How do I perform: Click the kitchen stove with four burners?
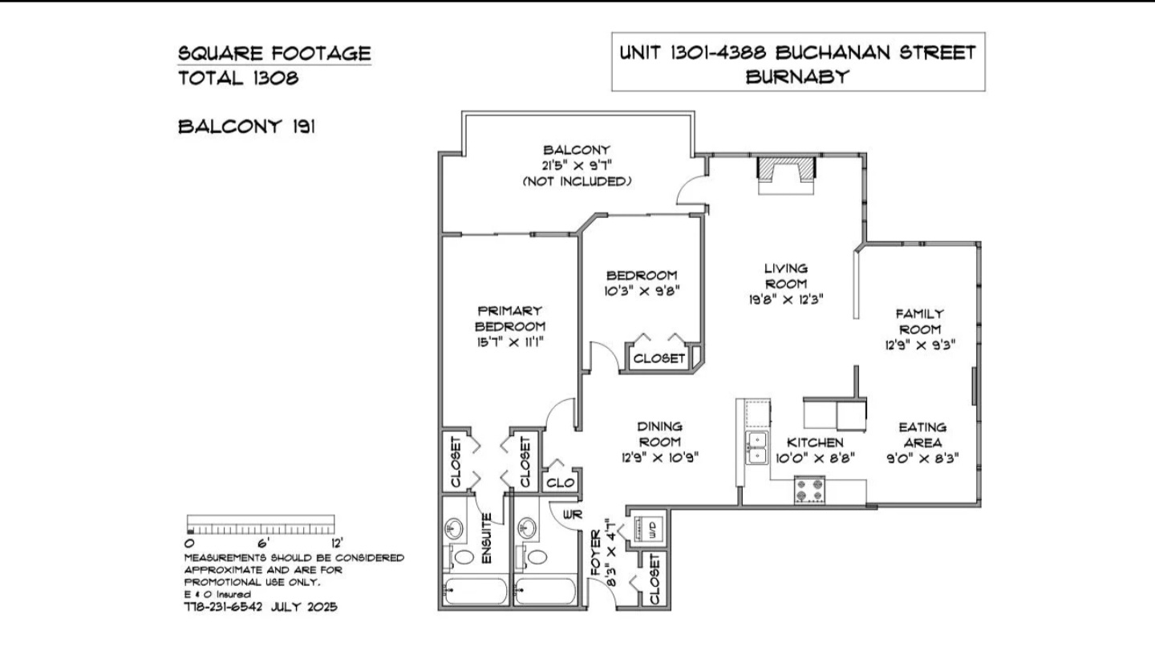(809, 490)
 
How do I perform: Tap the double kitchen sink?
(756, 448)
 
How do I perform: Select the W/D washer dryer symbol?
(646, 528)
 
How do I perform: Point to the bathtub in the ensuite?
(476, 591)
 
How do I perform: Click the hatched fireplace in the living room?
(786, 168)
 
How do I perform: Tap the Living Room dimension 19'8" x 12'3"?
(786, 300)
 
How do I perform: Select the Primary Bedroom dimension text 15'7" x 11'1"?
(510, 342)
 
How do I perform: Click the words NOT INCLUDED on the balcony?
(577, 181)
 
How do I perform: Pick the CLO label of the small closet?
(560, 483)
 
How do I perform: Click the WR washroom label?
(573, 515)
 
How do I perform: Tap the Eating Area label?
(922, 435)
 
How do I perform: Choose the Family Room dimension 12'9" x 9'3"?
(921, 345)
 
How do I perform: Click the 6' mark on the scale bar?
(263, 543)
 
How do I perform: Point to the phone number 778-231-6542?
(223, 607)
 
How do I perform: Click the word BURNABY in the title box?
(797, 77)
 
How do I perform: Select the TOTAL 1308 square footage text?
(238, 79)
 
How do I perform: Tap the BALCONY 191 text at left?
(246, 127)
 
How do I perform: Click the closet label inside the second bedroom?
(659, 358)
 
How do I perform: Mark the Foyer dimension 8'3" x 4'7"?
(611, 552)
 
